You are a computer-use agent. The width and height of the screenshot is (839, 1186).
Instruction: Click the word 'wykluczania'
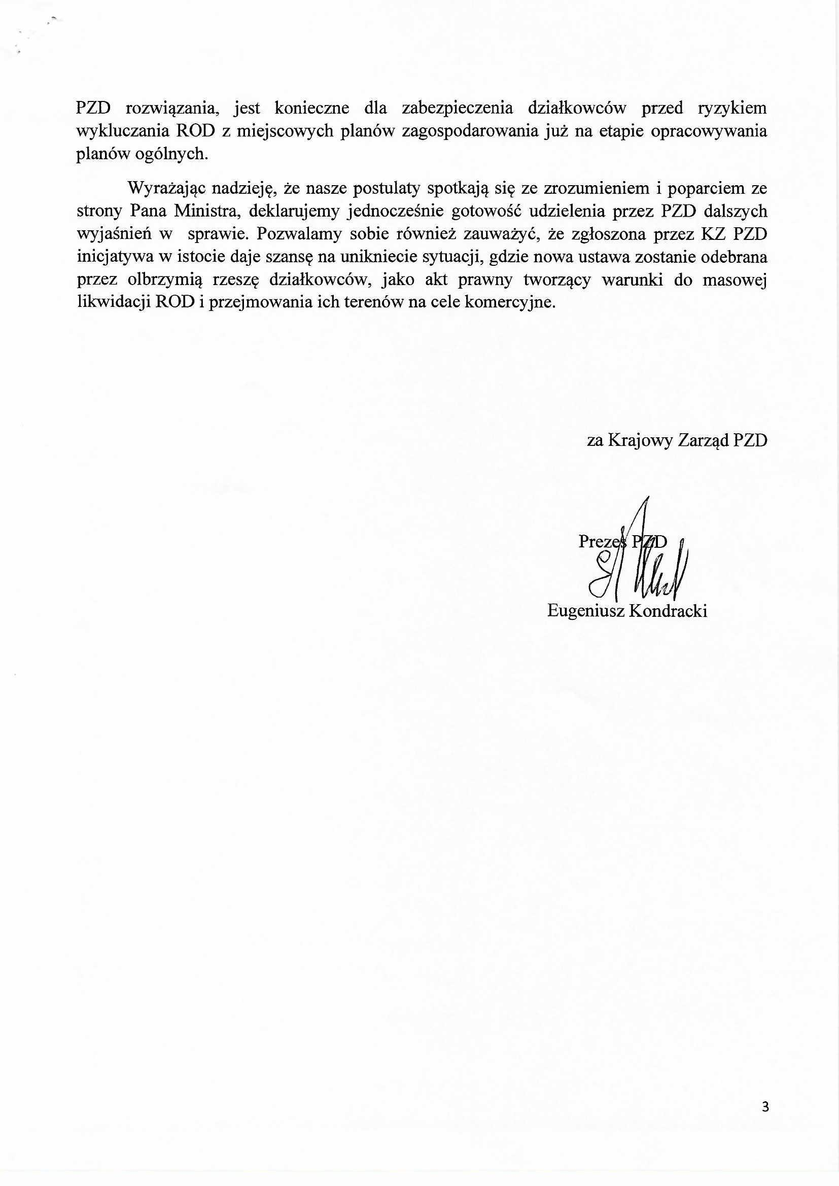click(x=122, y=131)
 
